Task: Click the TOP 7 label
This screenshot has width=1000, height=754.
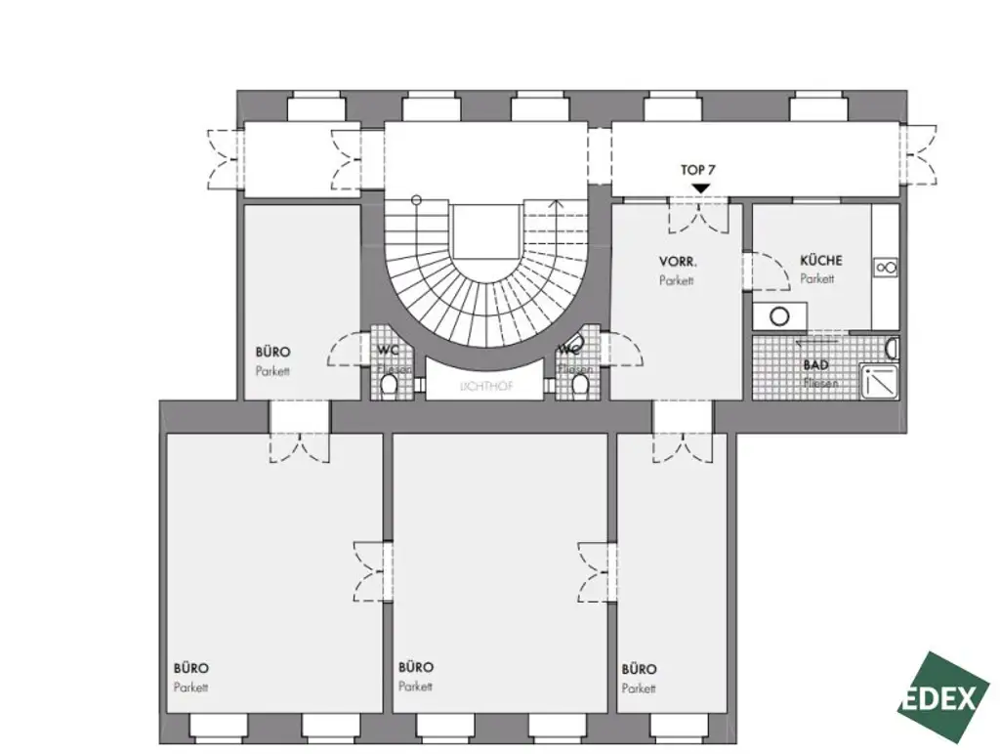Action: [698, 170]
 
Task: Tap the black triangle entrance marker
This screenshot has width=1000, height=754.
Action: [699, 188]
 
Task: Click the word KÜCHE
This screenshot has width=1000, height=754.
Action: [820, 261]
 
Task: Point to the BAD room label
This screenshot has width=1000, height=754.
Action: [816, 365]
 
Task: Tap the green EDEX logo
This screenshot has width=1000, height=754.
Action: [943, 697]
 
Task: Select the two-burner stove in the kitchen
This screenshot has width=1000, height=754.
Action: [886, 267]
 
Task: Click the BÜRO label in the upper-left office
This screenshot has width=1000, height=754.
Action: [272, 353]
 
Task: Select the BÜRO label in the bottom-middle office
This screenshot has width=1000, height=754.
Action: [416, 668]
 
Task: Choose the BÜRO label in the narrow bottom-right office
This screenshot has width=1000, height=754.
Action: [639, 670]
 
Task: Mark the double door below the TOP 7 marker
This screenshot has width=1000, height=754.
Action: [698, 215]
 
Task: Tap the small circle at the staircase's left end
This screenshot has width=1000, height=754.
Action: [416, 200]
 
